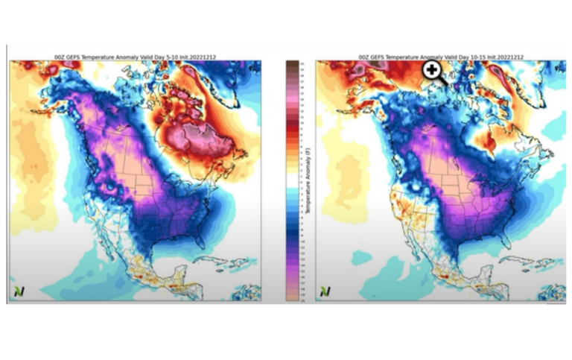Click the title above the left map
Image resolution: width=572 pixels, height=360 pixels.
click(134, 57)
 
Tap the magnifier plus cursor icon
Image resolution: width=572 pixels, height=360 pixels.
click(431, 70)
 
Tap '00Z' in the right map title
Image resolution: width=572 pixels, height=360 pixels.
click(364, 57)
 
